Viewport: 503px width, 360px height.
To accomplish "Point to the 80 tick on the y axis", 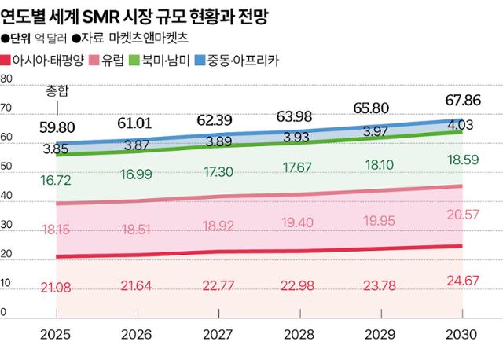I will pyautogui.click(x=6, y=79).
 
